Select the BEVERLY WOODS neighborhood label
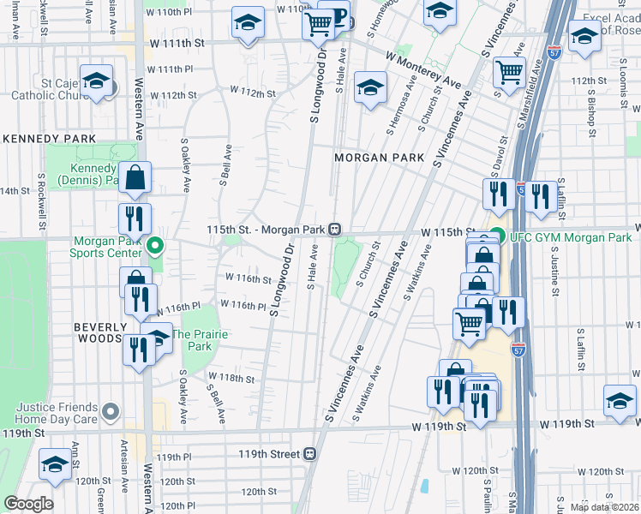(100, 333)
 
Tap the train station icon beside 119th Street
(310, 454)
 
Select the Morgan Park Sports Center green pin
(155, 247)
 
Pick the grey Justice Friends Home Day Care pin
(109, 413)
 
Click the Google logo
(28, 504)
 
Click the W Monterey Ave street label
(422, 69)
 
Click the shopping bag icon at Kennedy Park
(135, 178)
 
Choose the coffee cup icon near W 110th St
(337, 18)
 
